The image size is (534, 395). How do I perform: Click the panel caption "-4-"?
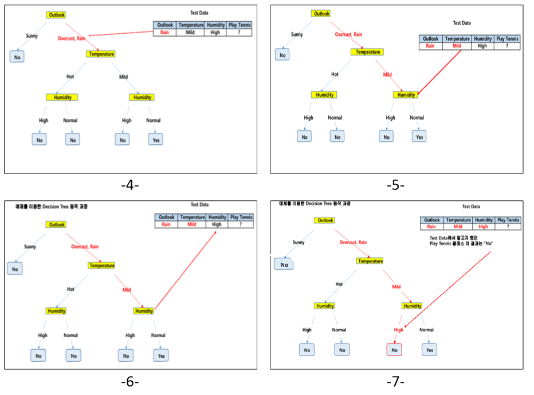pyautogui.click(x=130, y=185)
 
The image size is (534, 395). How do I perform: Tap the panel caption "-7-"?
pyautogui.click(x=395, y=382)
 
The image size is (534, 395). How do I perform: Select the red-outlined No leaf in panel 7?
pyautogui.click(x=394, y=350)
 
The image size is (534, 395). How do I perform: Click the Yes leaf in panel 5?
pyautogui.click(x=419, y=137)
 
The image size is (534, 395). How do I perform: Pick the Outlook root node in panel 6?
pyautogui.click(x=57, y=224)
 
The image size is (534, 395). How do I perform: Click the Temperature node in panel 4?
pyautogui.click(x=101, y=54)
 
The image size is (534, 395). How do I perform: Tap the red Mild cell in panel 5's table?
pyautogui.click(x=457, y=46)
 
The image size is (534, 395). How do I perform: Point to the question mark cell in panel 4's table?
pyautogui.click(x=238, y=33)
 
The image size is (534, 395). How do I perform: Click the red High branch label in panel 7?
pyautogui.click(x=398, y=330)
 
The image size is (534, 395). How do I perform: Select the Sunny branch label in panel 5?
pyautogui.click(x=297, y=34)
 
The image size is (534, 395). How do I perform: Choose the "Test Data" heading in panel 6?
pyautogui.click(x=199, y=204)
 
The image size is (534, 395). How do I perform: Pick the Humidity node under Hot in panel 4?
pyautogui.click(x=62, y=97)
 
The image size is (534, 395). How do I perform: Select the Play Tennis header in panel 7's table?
pyautogui.click(x=508, y=220)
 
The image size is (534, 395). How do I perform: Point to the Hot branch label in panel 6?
pyautogui.click(x=70, y=289)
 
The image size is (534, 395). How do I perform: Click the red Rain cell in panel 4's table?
pyautogui.click(x=165, y=33)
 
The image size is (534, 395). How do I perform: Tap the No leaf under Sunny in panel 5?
pyautogui.click(x=282, y=54)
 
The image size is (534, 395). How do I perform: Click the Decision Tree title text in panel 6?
pyautogui.click(x=52, y=206)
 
